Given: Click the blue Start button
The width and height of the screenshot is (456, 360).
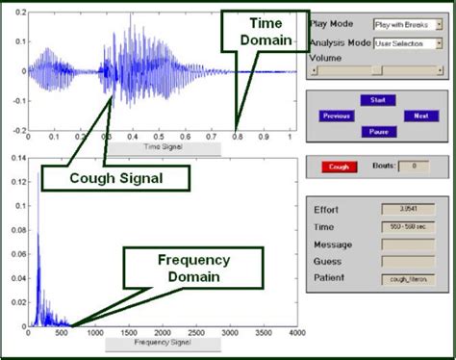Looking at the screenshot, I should [x=378, y=100].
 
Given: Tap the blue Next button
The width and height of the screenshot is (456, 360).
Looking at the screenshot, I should [x=420, y=116].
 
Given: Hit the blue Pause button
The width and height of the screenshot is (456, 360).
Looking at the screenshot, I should [x=378, y=132].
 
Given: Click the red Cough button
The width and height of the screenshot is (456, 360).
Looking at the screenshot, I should [x=338, y=167].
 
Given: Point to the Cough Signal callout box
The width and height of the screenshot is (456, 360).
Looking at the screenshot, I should [x=114, y=177].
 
